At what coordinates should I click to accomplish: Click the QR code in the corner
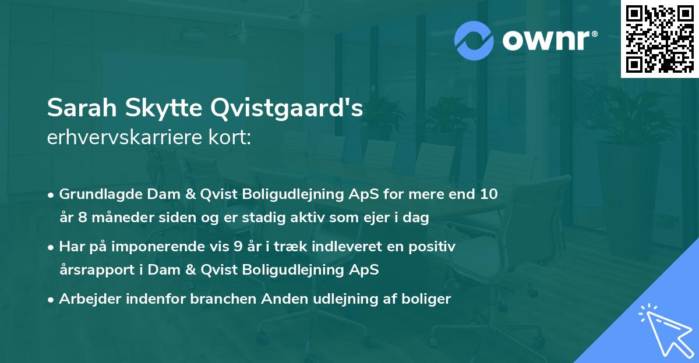click(660, 39)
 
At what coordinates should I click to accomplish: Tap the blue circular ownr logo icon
click(474, 41)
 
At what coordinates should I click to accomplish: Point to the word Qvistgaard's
click(285, 108)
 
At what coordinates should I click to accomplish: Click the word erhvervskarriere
click(122, 138)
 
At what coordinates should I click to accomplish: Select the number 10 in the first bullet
click(489, 194)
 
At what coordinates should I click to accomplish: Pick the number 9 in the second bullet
click(237, 247)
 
